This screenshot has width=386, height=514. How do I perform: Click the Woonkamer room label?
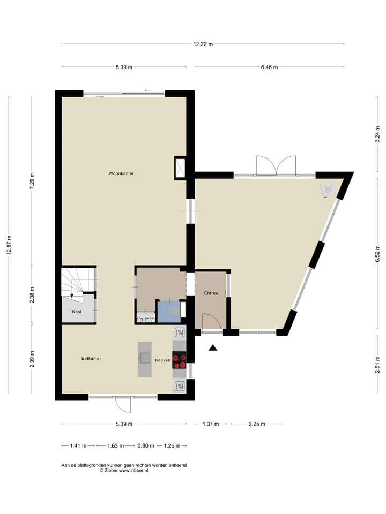[x=121, y=173]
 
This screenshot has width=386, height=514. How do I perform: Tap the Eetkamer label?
[x=91, y=358]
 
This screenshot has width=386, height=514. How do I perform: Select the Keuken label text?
[x=163, y=360]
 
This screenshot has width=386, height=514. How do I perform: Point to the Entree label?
[x=211, y=293]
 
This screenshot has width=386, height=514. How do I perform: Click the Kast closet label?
[x=77, y=312]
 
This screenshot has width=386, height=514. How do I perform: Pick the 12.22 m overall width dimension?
[x=203, y=44]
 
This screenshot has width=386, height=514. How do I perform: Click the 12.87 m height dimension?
[x=9, y=245]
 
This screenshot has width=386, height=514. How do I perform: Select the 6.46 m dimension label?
[x=270, y=67]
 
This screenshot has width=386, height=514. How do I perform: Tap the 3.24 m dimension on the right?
[x=378, y=134]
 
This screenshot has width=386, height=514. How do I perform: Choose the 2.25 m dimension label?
[x=257, y=424]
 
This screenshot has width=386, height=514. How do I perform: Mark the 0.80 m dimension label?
[x=146, y=446]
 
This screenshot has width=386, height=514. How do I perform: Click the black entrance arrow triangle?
[x=213, y=348]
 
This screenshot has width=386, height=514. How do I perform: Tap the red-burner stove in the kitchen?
[x=179, y=360]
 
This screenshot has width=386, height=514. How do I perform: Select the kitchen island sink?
[x=145, y=358]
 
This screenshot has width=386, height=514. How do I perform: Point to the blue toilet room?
[x=169, y=312]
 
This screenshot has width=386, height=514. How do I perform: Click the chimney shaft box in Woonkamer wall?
[x=180, y=167]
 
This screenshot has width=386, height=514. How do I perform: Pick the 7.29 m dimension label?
[x=32, y=180]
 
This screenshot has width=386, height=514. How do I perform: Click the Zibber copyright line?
[x=124, y=470]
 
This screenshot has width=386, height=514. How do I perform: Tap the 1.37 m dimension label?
[x=211, y=424]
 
